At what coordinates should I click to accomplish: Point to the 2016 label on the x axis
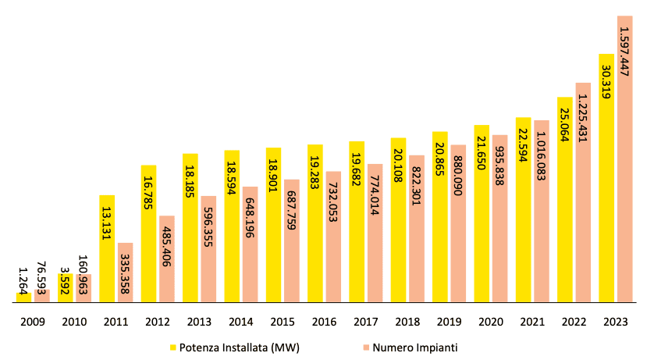tap(324, 322)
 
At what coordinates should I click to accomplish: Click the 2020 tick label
tap(490, 322)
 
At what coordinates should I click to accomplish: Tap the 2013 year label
tap(199, 322)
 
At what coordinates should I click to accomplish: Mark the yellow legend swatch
tap(172, 347)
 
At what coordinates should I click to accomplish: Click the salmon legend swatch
tap(364, 347)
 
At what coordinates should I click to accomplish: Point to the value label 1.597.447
tap(624, 52)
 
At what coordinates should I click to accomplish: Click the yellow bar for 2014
tap(232, 234)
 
